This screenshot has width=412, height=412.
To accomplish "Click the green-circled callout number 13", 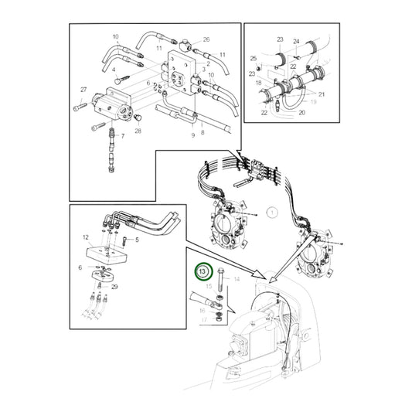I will pos(203,272).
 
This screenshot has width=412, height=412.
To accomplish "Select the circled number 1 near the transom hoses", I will pos(271,211).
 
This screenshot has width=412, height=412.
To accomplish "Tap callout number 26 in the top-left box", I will pos(206,39).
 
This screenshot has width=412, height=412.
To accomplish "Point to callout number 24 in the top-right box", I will pos(296,41).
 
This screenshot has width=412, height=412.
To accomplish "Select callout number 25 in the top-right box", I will pos(253,59).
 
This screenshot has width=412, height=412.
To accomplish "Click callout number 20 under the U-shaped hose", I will pos(301,112).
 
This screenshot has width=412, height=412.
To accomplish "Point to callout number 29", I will pos(115,287).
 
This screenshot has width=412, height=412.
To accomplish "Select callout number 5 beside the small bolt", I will pos(136,240).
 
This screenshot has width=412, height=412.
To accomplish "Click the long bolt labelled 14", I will pos(221,278).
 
